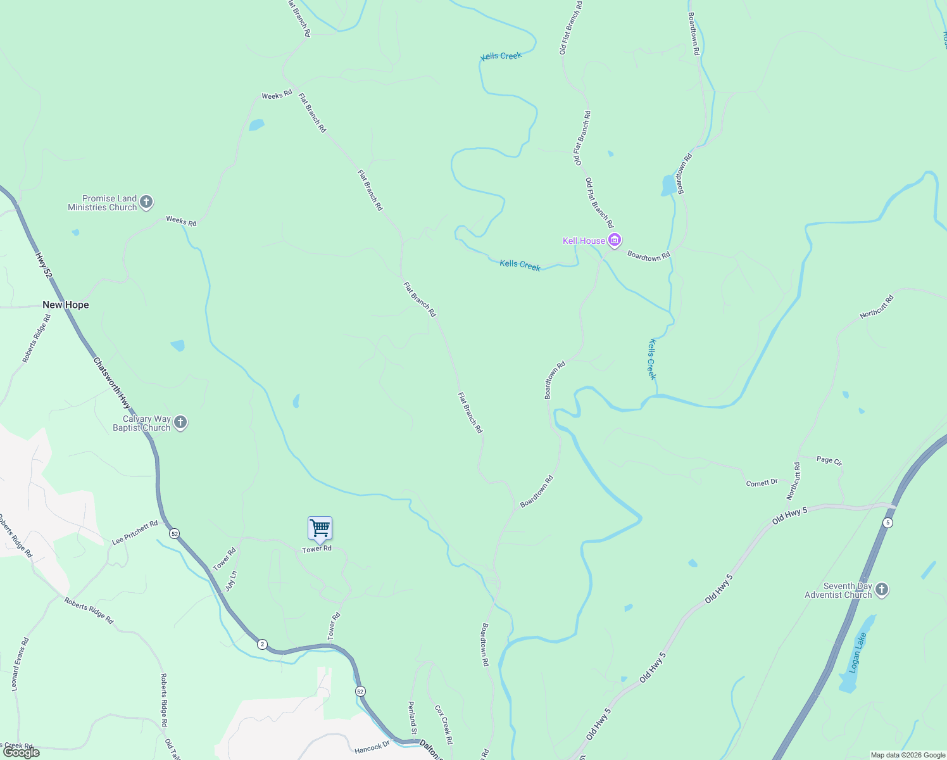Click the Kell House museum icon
point(614,240)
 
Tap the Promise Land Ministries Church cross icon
point(146,202)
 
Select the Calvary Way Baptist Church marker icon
point(180,422)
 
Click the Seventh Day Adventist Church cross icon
point(882,590)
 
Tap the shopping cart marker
point(320,528)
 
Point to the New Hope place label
point(66,305)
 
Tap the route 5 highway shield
point(888,522)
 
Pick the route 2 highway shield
point(262,644)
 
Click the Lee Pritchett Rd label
point(135,533)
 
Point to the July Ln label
point(231,581)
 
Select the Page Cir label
point(829,460)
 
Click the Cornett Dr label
point(762,483)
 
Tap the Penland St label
point(412,718)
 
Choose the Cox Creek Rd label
point(444,725)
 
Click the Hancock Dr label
point(372,748)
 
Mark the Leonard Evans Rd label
point(20,664)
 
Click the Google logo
point(22,752)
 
